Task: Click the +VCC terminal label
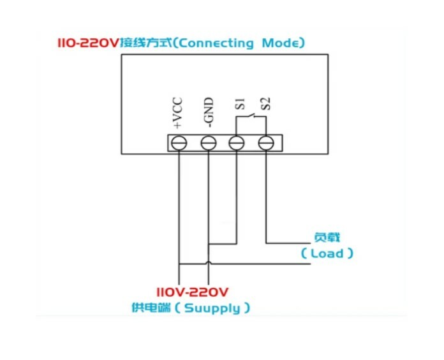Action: [177, 113]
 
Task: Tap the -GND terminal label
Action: [208, 112]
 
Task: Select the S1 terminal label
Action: [240, 103]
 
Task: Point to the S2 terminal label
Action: [266, 103]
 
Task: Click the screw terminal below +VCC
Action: [179, 143]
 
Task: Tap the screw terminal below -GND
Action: [209, 143]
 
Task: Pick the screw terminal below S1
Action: [237, 143]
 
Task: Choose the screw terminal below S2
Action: [266, 143]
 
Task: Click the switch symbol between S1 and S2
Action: [251, 116]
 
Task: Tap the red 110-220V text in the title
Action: [87, 43]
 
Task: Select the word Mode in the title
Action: [280, 43]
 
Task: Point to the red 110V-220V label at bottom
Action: [192, 292]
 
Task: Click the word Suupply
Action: [212, 308]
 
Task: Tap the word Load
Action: [327, 253]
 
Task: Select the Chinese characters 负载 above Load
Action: [327, 237]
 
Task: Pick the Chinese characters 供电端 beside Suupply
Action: [151, 308]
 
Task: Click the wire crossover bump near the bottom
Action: [209, 263]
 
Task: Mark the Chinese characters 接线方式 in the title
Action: [146, 43]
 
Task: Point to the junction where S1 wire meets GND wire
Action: [209, 244]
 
